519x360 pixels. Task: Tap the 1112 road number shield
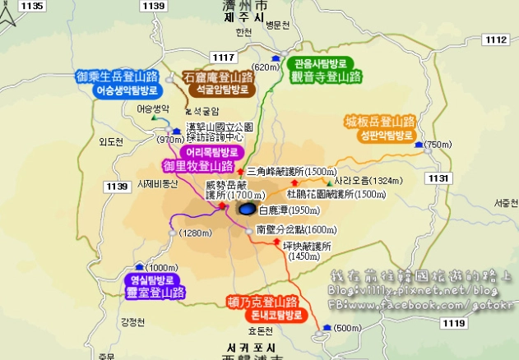tap(496, 39)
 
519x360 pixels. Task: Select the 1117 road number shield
tap(223, 56)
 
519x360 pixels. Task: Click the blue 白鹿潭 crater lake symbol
tap(247, 210)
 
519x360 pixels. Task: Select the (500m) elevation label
tap(347, 329)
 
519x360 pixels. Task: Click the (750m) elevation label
tap(438, 145)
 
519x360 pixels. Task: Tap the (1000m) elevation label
tap(165, 267)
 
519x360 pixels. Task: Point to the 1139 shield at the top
tap(154, 6)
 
